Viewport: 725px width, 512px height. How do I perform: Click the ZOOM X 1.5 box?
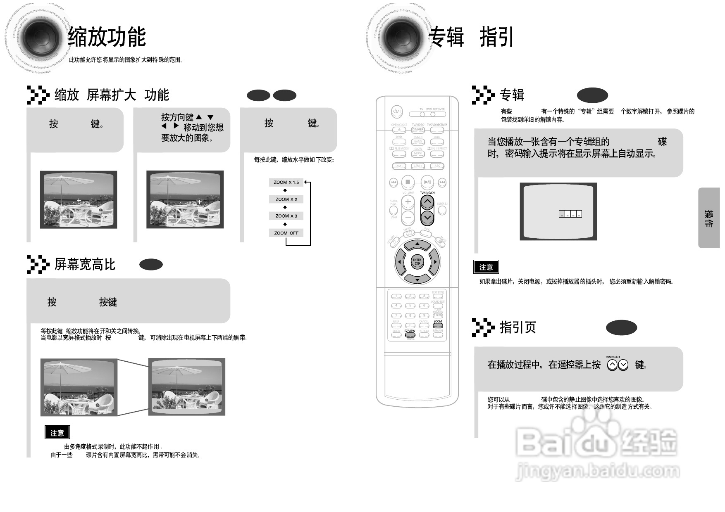pyautogui.click(x=286, y=182)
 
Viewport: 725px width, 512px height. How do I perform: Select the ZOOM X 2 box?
pyautogui.click(x=286, y=199)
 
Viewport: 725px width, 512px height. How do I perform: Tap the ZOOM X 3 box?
pyautogui.click(x=286, y=216)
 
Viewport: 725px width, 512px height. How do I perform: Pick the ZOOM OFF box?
pyautogui.click(x=286, y=233)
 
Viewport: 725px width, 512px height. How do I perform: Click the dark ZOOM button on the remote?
pyautogui.click(x=438, y=325)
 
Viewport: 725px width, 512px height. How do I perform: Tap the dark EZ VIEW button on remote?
pyautogui.click(x=410, y=335)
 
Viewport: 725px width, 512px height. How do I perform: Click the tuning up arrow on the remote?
pyautogui.click(x=427, y=202)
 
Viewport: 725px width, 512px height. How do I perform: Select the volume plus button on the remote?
pyautogui.click(x=408, y=201)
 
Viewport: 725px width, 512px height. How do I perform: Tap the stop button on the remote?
pyautogui.click(x=408, y=182)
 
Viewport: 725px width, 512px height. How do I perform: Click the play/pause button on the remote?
pyautogui.click(x=427, y=182)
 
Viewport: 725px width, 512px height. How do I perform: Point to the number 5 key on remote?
pyautogui.click(x=410, y=306)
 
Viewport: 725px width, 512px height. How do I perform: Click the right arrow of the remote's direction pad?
pyautogui.click(x=434, y=262)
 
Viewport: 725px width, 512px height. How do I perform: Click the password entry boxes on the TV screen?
pyautogui.click(x=570, y=214)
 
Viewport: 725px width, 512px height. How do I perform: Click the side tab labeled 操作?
pyautogui.click(x=709, y=218)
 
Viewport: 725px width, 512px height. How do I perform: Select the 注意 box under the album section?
pyautogui.click(x=486, y=267)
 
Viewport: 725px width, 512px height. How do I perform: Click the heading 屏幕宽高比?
pyautogui.click(x=85, y=265)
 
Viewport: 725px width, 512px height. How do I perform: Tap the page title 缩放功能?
pyautogui.click(x=107, y=37)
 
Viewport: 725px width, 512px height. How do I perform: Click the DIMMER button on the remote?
pyautogui.click(x=418, y=130)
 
